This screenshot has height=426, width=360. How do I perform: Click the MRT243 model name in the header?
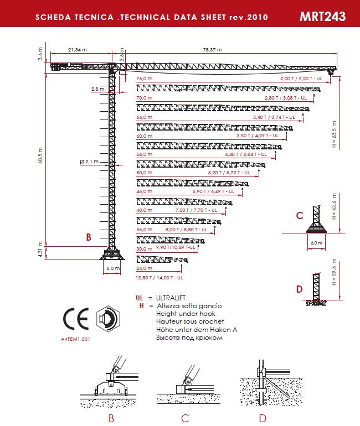[322, 17]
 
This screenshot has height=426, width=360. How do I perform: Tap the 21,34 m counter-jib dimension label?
[77, 50]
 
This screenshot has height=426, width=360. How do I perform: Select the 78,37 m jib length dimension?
[212, 50]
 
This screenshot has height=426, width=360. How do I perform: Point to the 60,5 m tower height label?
[40, 155]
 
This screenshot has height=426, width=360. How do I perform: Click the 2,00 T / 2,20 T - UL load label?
[301, 79]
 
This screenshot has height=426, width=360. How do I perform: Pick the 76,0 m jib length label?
[144, 79]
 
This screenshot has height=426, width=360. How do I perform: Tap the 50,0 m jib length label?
[144, 173]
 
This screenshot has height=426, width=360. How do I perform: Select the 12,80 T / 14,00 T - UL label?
[159, 278]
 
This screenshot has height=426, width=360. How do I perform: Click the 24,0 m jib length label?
[144, 268]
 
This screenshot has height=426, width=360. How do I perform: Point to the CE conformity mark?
[76, 319]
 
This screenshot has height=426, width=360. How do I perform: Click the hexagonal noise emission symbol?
[108, 318]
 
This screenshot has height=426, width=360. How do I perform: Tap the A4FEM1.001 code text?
[75, 339]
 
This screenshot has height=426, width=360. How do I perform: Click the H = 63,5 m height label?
[334, 134]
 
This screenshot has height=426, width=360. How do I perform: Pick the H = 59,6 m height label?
[334, 272]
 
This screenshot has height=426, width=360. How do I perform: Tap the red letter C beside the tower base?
[300, 216]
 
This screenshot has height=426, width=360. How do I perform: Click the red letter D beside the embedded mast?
[300, 289]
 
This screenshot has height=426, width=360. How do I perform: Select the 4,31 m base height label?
[40, 250]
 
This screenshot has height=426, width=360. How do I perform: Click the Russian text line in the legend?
[189, 337]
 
